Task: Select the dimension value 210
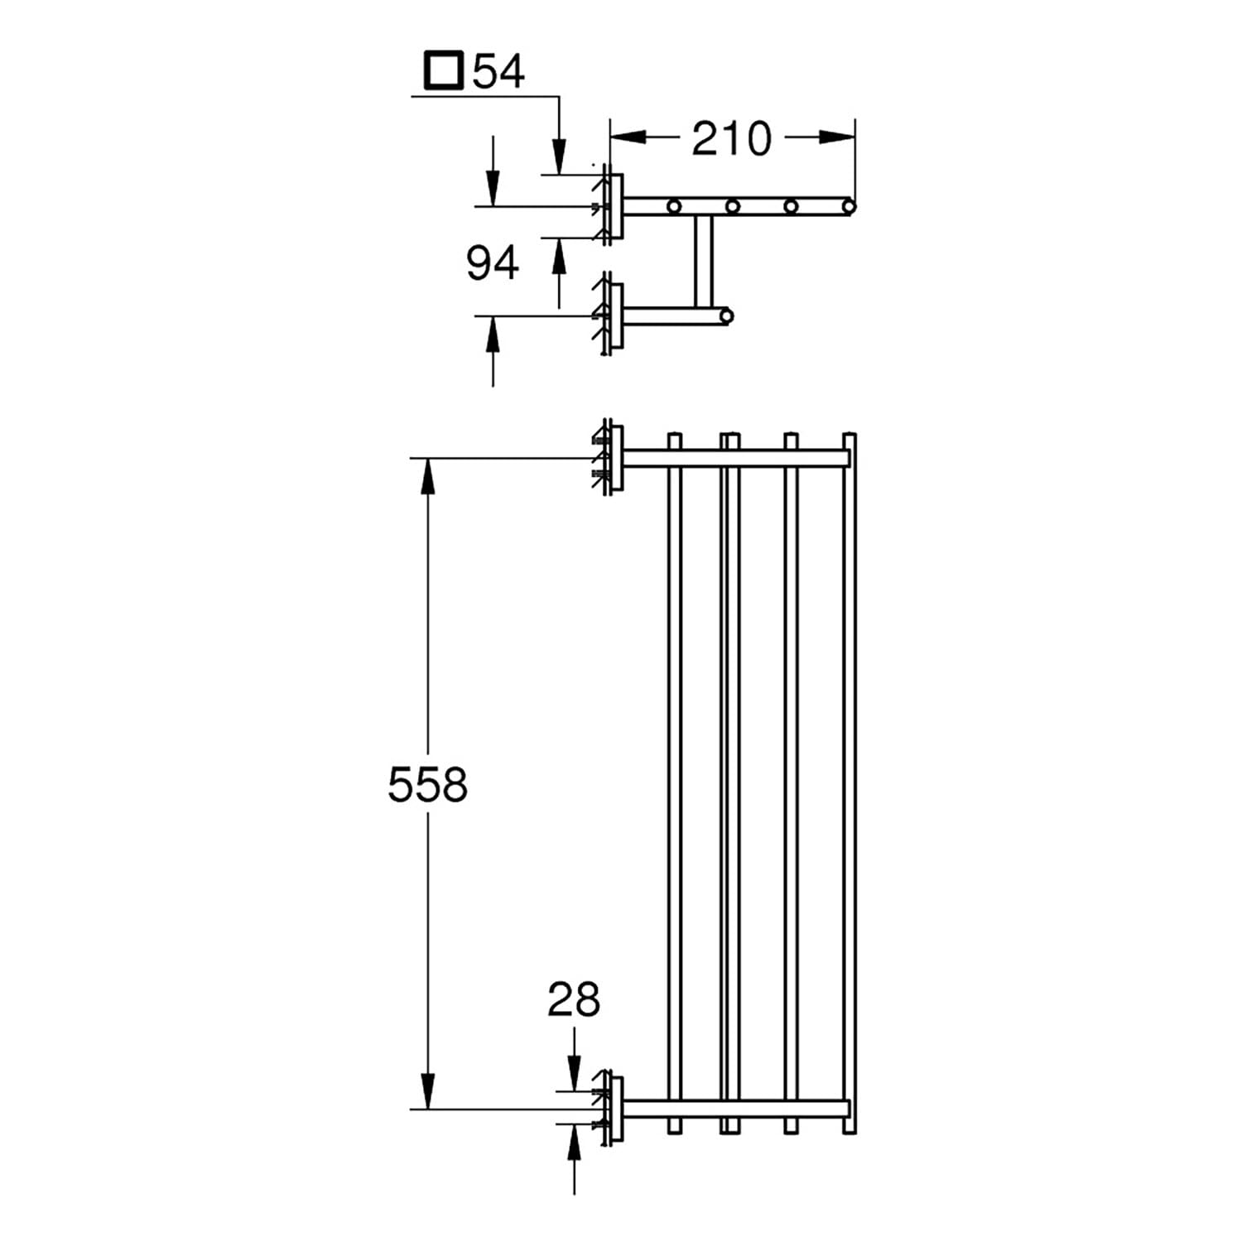pos(731,138)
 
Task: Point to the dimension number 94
pos(492,263)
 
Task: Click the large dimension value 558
pos(427,784)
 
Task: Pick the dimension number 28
pos(574,999)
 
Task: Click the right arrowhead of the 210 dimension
pos(836,137)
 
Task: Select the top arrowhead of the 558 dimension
pos(427,476)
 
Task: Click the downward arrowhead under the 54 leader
pos(559,156)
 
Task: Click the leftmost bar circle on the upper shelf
pos(674,205)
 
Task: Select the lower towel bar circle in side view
pos(727,315)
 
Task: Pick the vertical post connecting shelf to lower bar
pos(703,261)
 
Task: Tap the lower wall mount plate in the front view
pos(614,1109)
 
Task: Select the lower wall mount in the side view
pos(614,315)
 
